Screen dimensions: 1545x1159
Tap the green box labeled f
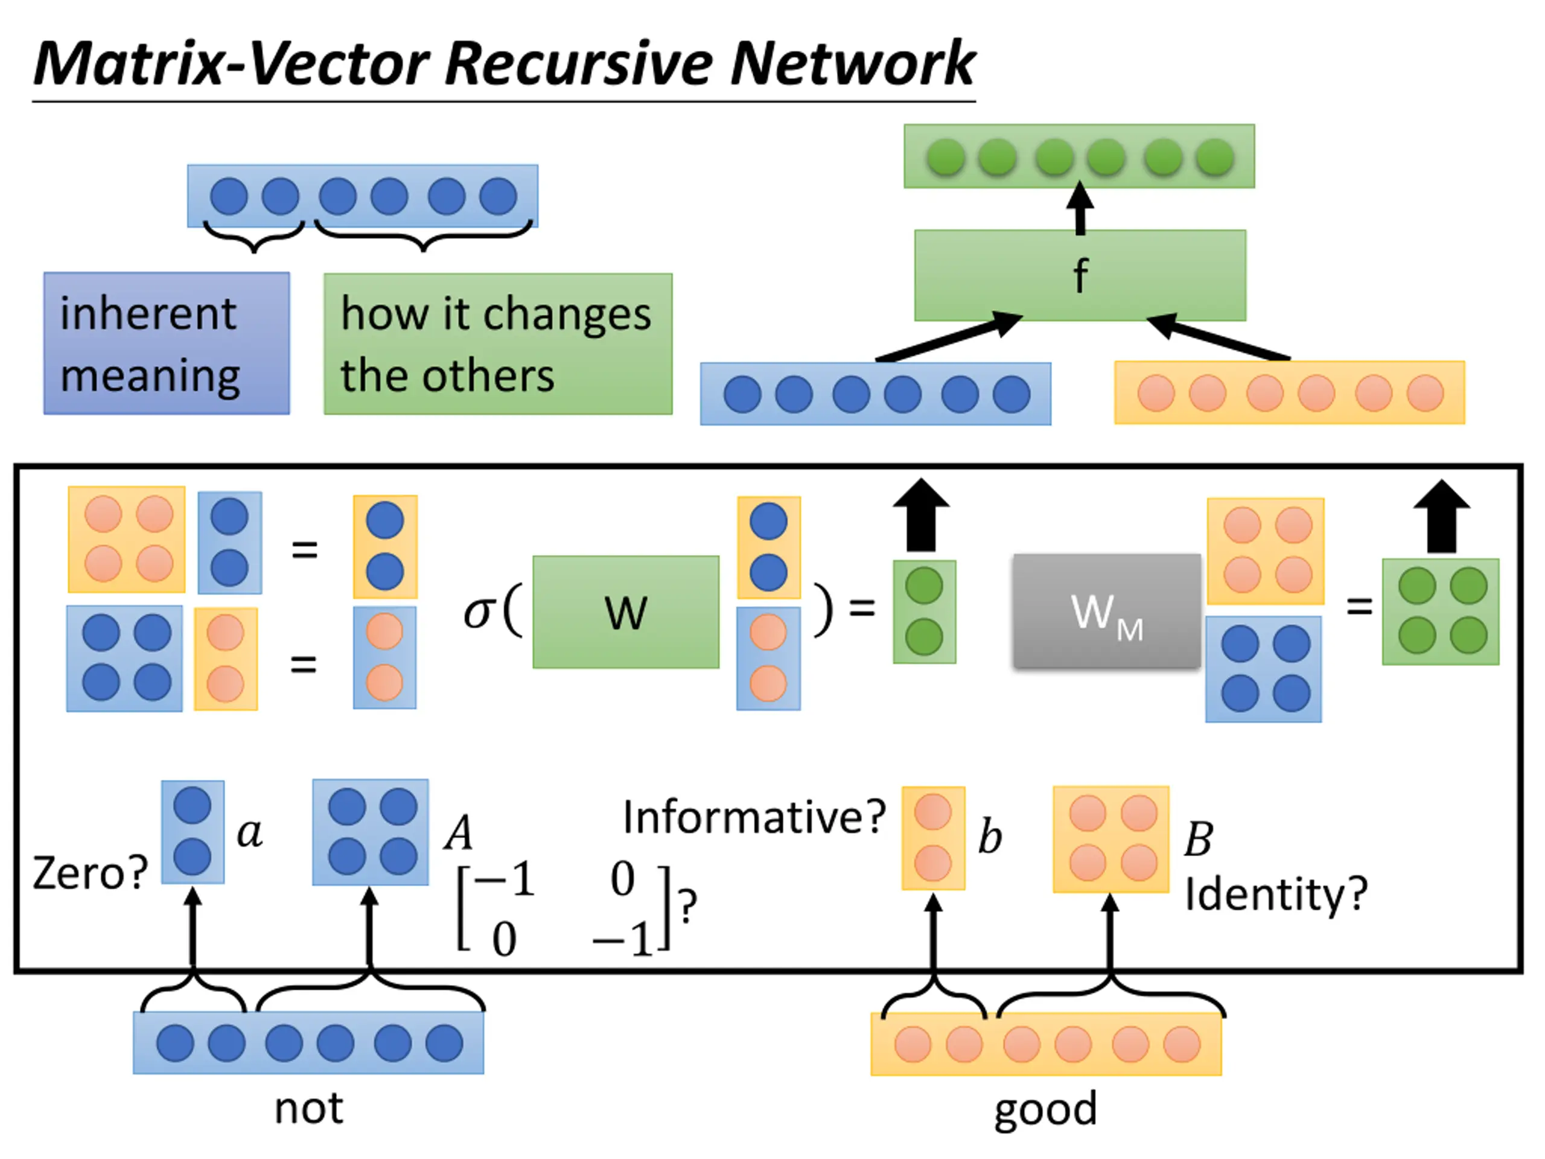pyautogui.click(x=1080, y=275)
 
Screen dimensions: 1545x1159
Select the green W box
pyautogui.click(x=626, y=612)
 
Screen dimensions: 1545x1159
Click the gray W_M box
pyautogui.click(x=1107, y=611)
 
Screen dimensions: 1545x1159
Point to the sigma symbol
pyautogui.click(x=480, y=613)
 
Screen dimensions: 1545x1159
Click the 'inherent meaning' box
pyautogui.click(x=167, y=343)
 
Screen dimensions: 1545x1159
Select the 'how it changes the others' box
pyautogui.click(x=498, y=343)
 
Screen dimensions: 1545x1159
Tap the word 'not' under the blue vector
pyautogui.click(x=309, y=1109)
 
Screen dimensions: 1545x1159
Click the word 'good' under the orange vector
pyautogui.click(x=1046, y=1110)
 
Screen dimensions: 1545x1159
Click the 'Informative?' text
pyautogui.click(x=754, y=817)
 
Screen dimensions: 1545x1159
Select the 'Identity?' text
pyautogui.click(x=1276, y=893)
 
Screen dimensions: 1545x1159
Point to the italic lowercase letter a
pyautogui.click(x=250, y=833)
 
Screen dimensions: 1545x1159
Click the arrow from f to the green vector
pyautogui.click(x=1080, y=208)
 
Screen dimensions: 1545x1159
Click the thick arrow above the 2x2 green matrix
pyautogui.click(x=1442, y=516)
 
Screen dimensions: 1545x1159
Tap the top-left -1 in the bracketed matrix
pyautogui.click(x=505, y=879)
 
